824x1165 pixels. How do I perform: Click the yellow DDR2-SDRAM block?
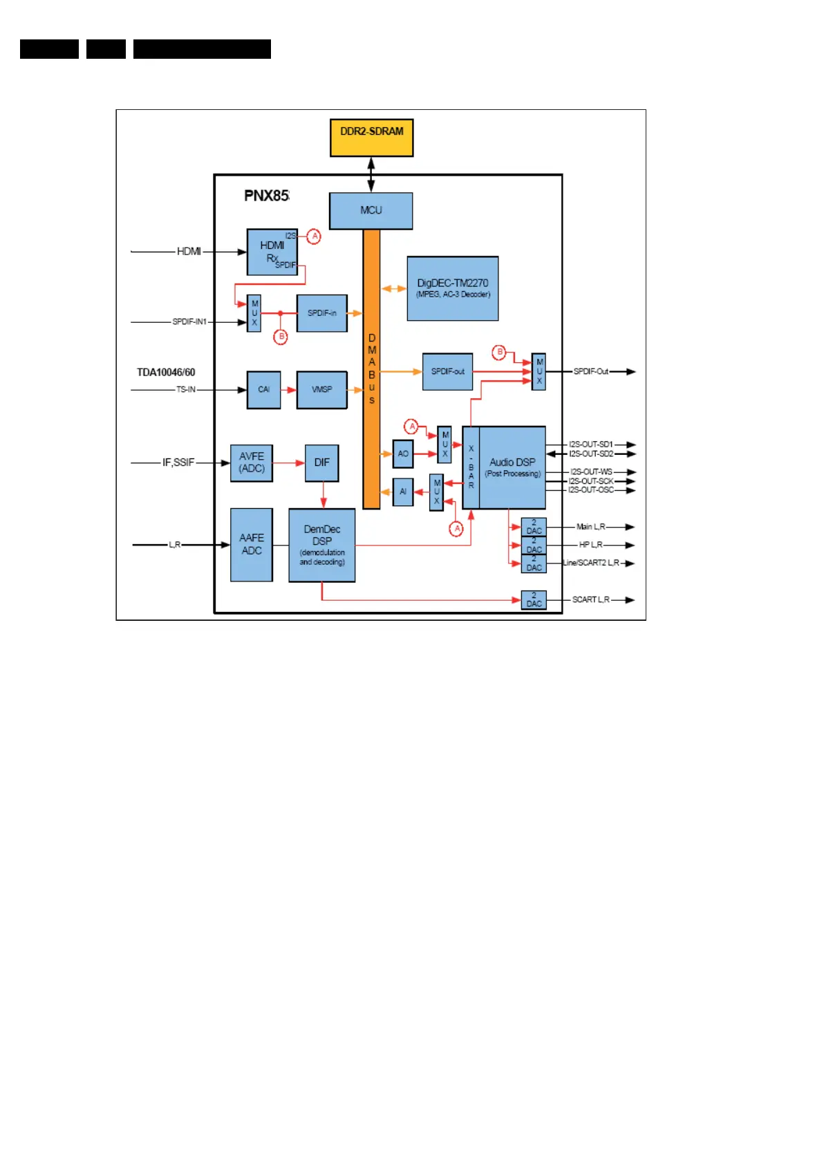click(371, 137)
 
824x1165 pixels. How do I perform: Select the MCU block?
click(371, 211)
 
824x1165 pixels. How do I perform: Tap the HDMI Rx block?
click(272, 252)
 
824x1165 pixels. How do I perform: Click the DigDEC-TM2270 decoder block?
click(452, 288)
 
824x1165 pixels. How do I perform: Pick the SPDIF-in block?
click(321, 313)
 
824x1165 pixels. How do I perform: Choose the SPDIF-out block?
click(447, 372)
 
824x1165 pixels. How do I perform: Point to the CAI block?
click(263, 390)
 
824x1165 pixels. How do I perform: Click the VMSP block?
click(321, 390)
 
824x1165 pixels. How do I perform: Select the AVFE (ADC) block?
click(251, 463)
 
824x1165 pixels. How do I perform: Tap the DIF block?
click(321, 463)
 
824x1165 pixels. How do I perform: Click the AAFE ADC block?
click(251, 544)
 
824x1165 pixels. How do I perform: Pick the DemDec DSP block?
click(321, 545)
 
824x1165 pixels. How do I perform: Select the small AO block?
click(402, 454)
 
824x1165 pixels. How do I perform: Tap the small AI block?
click(402, 492)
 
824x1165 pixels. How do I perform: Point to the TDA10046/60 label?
click(166, 373)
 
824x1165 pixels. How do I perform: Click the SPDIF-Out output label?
click(590, 372)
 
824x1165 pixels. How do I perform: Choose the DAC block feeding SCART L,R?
click(534, 599)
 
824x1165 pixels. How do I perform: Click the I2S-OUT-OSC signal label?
click(590, 490)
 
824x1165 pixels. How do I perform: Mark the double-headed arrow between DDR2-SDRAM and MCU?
click(371, 174)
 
